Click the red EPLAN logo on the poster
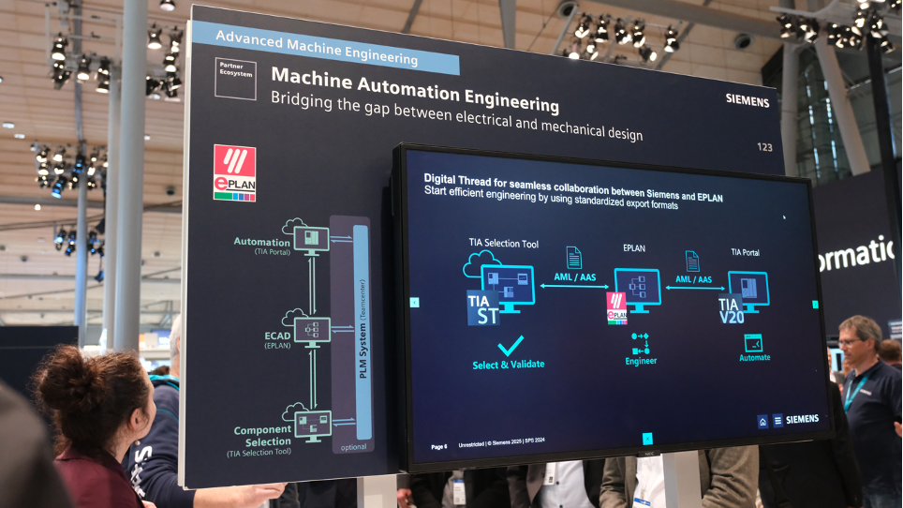click(234, 172)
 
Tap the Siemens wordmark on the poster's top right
click(747, 100)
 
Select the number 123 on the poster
click(764, 147)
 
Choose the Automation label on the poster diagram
click(261, 242)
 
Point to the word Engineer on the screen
click(641, 361)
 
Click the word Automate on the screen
click(754, 357)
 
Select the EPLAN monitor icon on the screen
click(637, 286)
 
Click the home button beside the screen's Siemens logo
click(762, 421)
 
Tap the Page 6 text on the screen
click(438, 446)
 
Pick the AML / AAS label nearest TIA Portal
click(693, 279)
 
